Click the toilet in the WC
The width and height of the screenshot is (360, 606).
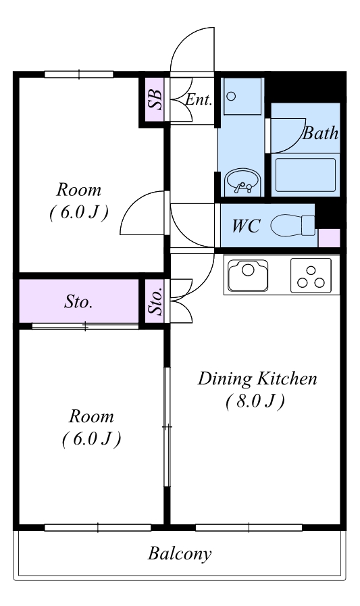(x=292, y=226)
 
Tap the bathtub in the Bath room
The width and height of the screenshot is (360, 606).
(x=305, y=175)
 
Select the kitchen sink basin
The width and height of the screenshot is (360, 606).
(x=248, y=275)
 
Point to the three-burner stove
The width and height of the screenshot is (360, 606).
(x=311, y=276)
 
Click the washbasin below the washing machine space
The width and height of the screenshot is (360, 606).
(x=243, y=182)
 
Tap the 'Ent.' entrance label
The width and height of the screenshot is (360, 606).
(x=199, y=100)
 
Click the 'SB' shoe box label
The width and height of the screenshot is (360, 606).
(x=155, y=100)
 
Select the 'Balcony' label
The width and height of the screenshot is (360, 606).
(x=180, y=554)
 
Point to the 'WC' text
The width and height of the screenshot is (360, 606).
(x=246, y=226)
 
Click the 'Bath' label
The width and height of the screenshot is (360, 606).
(x=320, y=133)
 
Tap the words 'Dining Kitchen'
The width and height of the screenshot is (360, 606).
(x=257, y=378)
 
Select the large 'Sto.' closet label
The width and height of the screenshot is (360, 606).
(x=78, y=301)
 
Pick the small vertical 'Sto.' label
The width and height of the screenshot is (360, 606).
(x=155, y=302)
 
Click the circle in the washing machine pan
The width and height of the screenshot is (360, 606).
(x=231, y=96)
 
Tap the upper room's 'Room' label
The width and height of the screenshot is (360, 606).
(x=79, y=190)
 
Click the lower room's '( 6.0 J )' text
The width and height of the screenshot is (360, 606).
(x=92, y=438)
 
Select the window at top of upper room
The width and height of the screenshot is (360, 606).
(x=79, y=74)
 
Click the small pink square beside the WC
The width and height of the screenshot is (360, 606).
(x=329, y=238)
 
